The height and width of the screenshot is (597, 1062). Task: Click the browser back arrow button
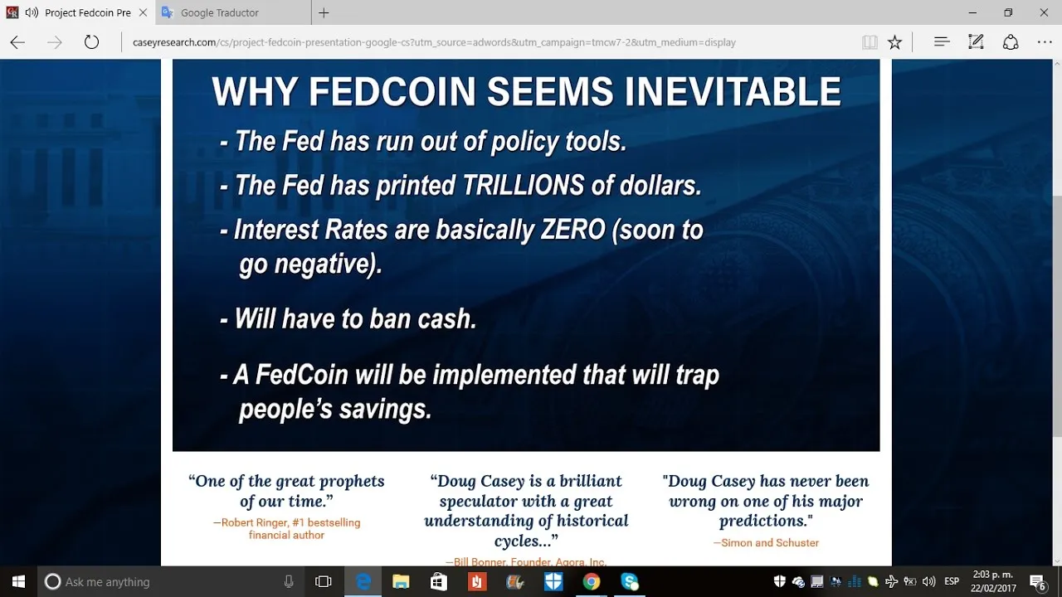17,42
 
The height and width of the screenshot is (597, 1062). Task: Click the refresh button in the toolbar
91,42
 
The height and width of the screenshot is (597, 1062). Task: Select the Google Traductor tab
220,12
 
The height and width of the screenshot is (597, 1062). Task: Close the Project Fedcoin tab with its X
143,12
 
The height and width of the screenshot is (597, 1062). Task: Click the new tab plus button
324,12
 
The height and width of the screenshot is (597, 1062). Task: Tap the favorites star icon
894,42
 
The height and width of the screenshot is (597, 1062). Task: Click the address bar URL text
434,42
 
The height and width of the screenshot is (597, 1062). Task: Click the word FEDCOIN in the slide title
392,91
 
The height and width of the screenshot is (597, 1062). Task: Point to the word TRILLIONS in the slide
524,185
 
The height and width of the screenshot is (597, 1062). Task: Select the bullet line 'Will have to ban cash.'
348,318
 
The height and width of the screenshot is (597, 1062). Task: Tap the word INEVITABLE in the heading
733,91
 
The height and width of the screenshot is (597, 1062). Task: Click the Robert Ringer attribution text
286,529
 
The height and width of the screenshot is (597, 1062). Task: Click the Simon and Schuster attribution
766,543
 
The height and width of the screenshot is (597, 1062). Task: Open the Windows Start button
18,581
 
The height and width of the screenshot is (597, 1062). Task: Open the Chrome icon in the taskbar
592,581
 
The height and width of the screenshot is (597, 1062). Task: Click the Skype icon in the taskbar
629,581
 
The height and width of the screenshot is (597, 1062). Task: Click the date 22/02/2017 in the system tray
993,588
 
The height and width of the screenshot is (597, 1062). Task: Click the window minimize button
972,12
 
